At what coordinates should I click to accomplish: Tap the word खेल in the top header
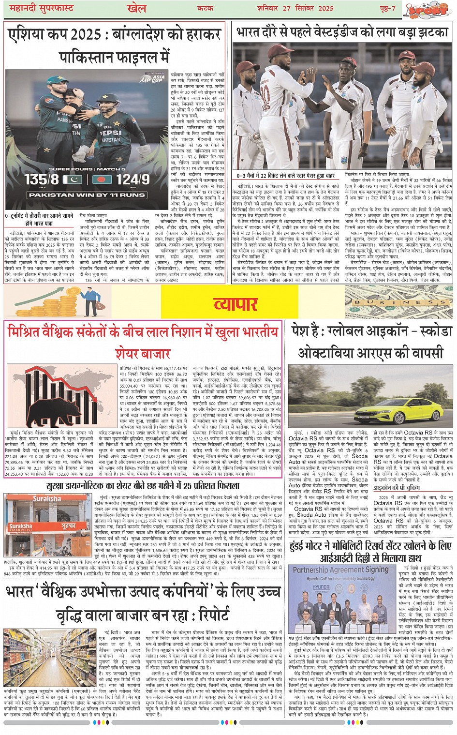tap(136, 8)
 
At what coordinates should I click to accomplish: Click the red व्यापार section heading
tap(235, 304)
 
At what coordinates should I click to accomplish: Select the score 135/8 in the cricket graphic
tap(42, 180)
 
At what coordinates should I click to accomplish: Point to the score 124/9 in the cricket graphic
tap(132, 180)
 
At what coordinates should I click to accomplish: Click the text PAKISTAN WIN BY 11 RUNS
tap(87, 195)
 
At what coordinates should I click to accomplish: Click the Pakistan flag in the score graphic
tap(73, 180)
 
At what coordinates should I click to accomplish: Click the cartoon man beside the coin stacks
tap(92, 301)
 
